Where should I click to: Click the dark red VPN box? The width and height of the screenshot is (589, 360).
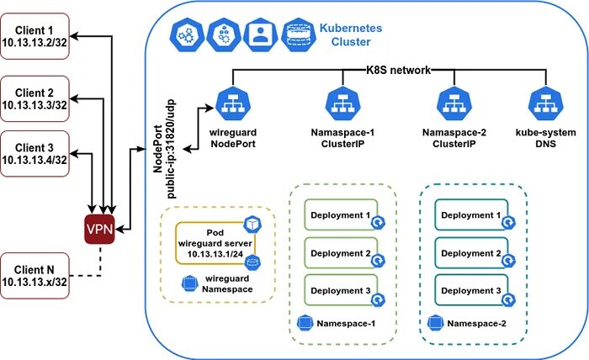(x=99, y=229)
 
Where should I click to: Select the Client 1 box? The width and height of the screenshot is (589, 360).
(x=34, y=36)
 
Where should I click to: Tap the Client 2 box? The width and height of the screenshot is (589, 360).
(x=34, y=98)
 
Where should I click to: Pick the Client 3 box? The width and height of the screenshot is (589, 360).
(x=34, y=154)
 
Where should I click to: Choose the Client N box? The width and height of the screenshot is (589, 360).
(x=34, y=276)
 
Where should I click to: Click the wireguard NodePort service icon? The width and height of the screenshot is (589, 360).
(x=233, y=103)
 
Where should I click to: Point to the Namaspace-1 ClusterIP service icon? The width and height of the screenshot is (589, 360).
(x=343, y=103)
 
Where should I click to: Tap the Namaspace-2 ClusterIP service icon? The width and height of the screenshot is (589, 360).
(x=454, y=103)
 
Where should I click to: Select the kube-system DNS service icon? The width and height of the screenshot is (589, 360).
(x=545, y=103)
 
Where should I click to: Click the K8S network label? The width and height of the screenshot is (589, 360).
(x=398, y=70)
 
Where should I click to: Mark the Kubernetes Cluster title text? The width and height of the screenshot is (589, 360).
(x=351, y=35)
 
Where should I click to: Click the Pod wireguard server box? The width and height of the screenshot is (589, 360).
(x=215, y=243)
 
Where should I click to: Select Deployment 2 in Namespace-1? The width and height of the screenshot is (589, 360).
(x=341, y=253)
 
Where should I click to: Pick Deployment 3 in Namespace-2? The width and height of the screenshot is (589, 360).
(x=471, y=290)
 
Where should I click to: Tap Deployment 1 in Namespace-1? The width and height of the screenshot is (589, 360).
(x=341, y=215)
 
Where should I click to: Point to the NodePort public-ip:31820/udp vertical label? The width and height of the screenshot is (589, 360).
(x=164, y=149)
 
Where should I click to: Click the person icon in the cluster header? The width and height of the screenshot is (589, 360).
(x=259, y=35)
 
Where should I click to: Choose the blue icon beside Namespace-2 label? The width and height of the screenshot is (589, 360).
(x=435, y=323)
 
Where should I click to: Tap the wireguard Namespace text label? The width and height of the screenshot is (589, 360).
(x=227, y=283)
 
